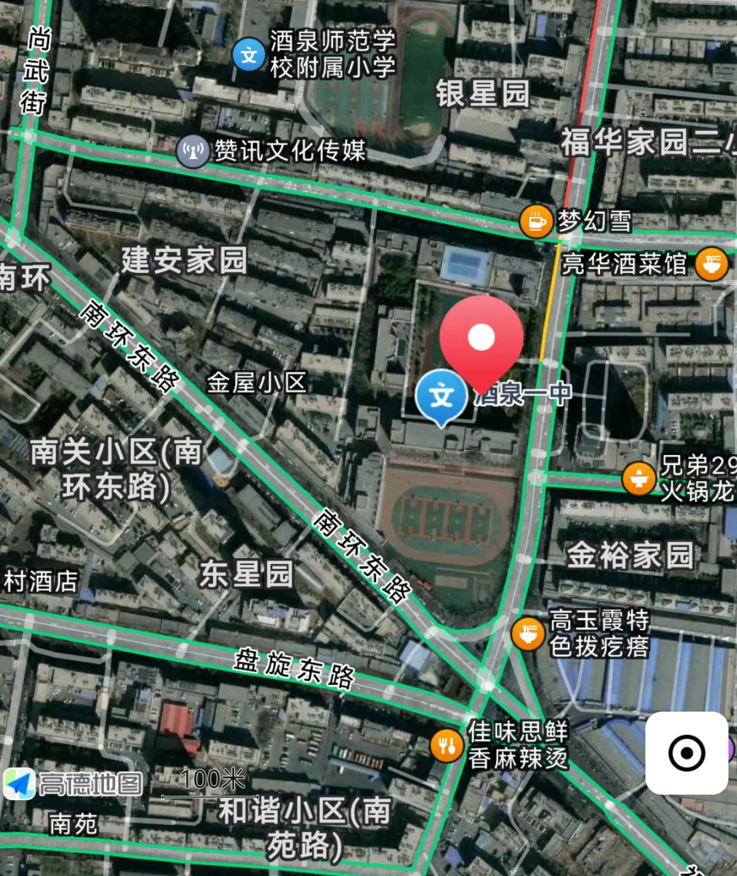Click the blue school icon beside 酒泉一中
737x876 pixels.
[x=442, y=396]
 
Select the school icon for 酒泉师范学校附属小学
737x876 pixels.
[x=248, y=55]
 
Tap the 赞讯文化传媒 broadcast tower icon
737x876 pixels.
[x=192, y=151]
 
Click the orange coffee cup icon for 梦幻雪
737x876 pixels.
[x=536, y=221]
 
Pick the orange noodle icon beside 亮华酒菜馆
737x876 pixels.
[x=711, y=264]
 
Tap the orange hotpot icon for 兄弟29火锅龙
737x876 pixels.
[x=639, y=478]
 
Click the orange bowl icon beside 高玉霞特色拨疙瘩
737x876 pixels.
[x=528, y=633]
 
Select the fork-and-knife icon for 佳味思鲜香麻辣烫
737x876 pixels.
[x=447, y=745]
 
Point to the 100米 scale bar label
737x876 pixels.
[x=212, y=779]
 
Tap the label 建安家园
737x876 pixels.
[x=184, y=261]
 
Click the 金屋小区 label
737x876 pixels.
[x=256, y=383]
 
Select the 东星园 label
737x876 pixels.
[x=246, y=574]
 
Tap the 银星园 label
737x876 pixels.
[x=482, y=93]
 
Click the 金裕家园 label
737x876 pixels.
[x=630, y=555]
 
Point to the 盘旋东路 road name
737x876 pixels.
[x=294, y=668]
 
